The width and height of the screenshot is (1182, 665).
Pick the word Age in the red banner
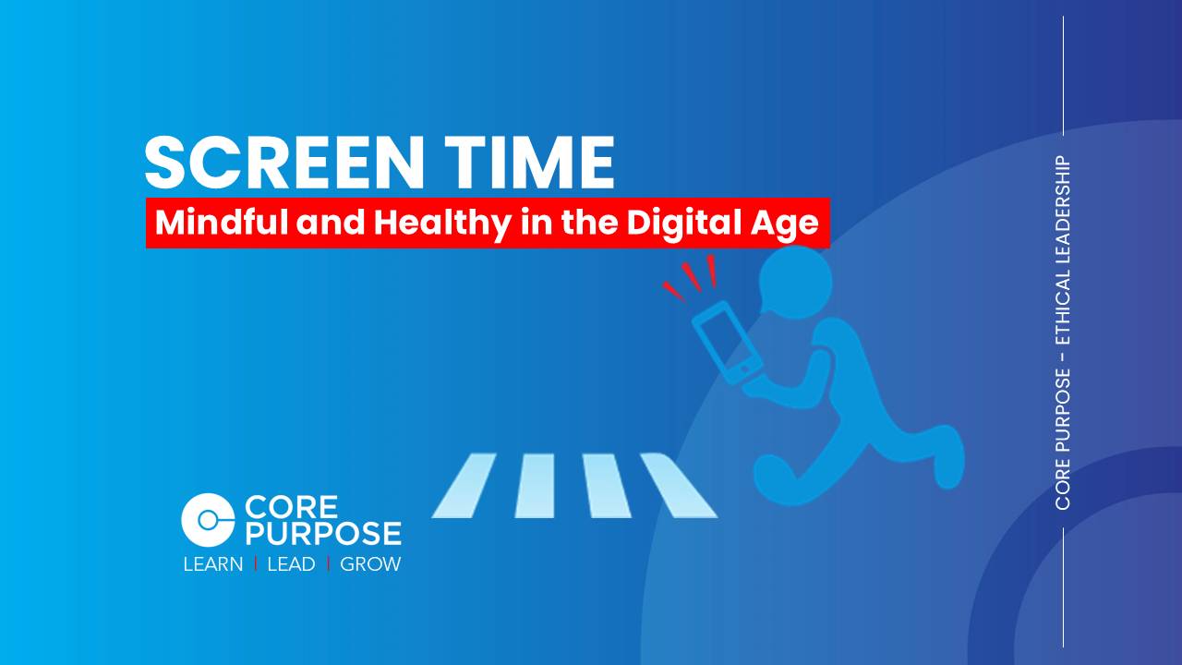pos(792,224)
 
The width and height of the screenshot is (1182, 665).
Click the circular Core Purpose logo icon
pos(208,519)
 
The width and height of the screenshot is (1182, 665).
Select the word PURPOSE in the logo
pos(322,533)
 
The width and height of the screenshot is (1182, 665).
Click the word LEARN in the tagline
pos(213,564)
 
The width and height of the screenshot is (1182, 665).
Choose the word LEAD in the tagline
pos(291,564)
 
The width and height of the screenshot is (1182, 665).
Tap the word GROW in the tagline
pos(370,564)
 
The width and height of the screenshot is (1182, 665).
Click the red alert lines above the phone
pos(692,275)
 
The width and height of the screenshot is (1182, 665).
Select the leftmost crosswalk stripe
pos(464,485)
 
